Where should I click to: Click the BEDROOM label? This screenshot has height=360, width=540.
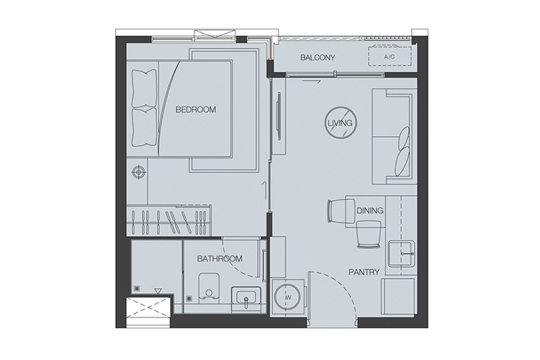click(196, 109)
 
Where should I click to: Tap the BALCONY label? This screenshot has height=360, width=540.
click(318, 58)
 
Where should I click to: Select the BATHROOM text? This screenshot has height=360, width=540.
click(220, 258)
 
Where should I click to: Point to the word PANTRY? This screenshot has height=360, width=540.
click(364, 272)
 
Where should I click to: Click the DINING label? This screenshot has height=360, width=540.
click(370, 210)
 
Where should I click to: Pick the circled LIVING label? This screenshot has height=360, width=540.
click(340, 123)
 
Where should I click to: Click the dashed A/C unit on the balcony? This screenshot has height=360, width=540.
click(390, 56)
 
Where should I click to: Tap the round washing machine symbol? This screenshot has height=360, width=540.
click(287, 297)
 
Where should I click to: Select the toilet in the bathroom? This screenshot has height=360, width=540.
click(208, 289)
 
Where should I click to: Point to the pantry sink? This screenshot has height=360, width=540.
click(402, 253)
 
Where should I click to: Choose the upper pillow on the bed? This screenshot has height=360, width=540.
click(144, 89)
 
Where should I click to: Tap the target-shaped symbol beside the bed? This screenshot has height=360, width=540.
click(138, 171)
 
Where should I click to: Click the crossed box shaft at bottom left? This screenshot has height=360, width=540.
click(148, 308)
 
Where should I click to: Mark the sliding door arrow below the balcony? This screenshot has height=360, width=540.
click(312, 82)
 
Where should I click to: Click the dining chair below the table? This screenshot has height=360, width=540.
click(369, 234)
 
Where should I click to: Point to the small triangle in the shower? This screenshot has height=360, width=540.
click(158, 292)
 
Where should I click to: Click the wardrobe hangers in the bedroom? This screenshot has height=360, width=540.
click(168, 220)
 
